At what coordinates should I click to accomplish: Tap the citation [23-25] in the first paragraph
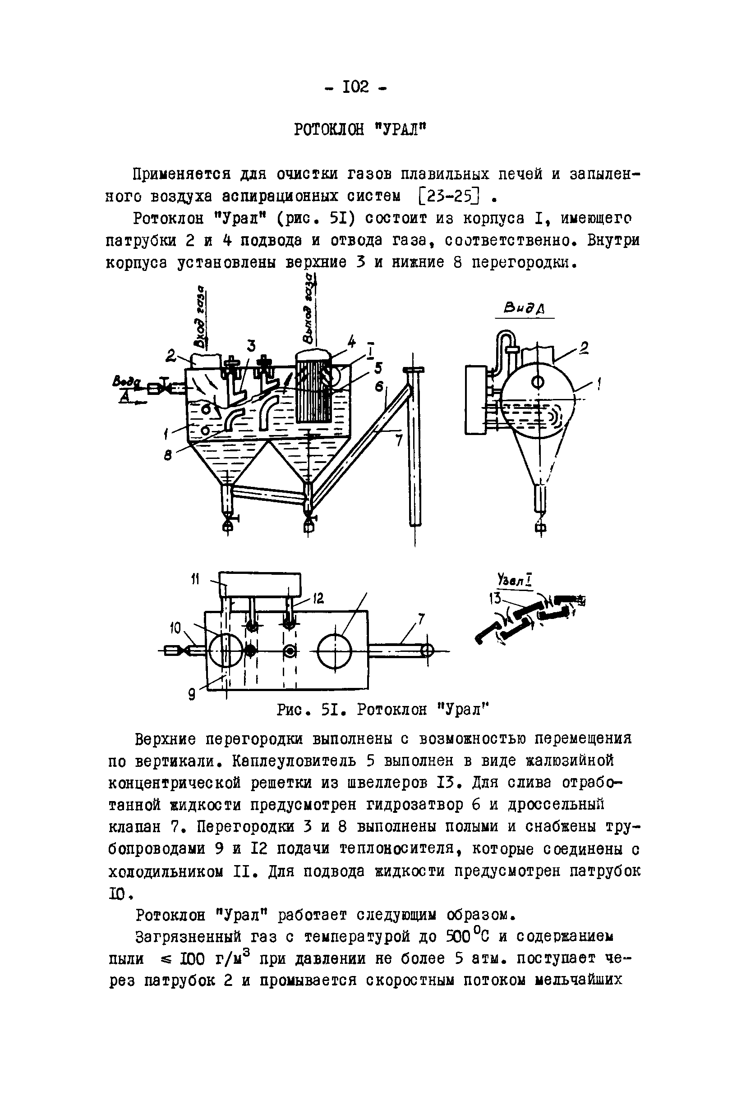pyautogui.click(x=449, y=196)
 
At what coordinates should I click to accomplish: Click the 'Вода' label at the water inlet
pyautogui.click(x=127, y=381)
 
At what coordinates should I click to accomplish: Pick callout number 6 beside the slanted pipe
pyautogui.click(x=379, y=387)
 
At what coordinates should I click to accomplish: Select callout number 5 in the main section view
pyautogui.click(x=378, y=369)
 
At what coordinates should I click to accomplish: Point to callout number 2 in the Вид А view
pyautogui.click(x=584, y=348)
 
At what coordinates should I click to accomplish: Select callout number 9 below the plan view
pyautogui.click(x=191, y=695)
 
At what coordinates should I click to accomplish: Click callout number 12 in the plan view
pyautogui.click(x=318, y=598)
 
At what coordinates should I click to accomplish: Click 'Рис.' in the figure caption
pyautogui.click(x=294, y=710)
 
